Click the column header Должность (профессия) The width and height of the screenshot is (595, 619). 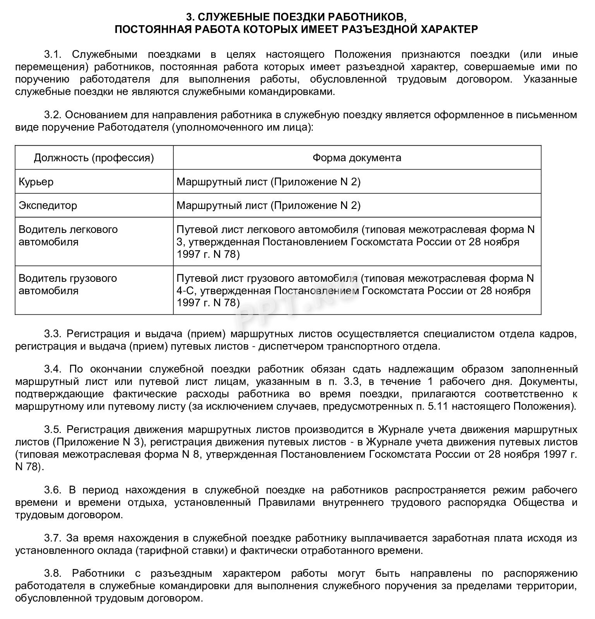coord(94,158)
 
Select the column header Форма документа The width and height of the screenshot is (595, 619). coord(357,158)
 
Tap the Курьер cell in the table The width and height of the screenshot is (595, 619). coord(36,182)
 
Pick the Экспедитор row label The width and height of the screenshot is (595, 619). coord(48,205)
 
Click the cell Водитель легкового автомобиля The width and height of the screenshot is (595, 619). coord(68,236)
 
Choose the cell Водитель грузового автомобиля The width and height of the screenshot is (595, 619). coord(67,284)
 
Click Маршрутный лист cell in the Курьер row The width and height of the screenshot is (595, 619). coord(268,182)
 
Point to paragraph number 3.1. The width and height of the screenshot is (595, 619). coord(53,54)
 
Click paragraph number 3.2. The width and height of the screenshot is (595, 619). coord(53,115)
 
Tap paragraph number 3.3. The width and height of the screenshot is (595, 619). coord(53,334)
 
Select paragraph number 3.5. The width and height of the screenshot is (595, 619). coord(53,429)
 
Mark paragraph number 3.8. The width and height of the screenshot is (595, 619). coord(53,573)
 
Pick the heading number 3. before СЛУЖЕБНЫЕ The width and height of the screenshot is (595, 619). coord(190,17)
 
